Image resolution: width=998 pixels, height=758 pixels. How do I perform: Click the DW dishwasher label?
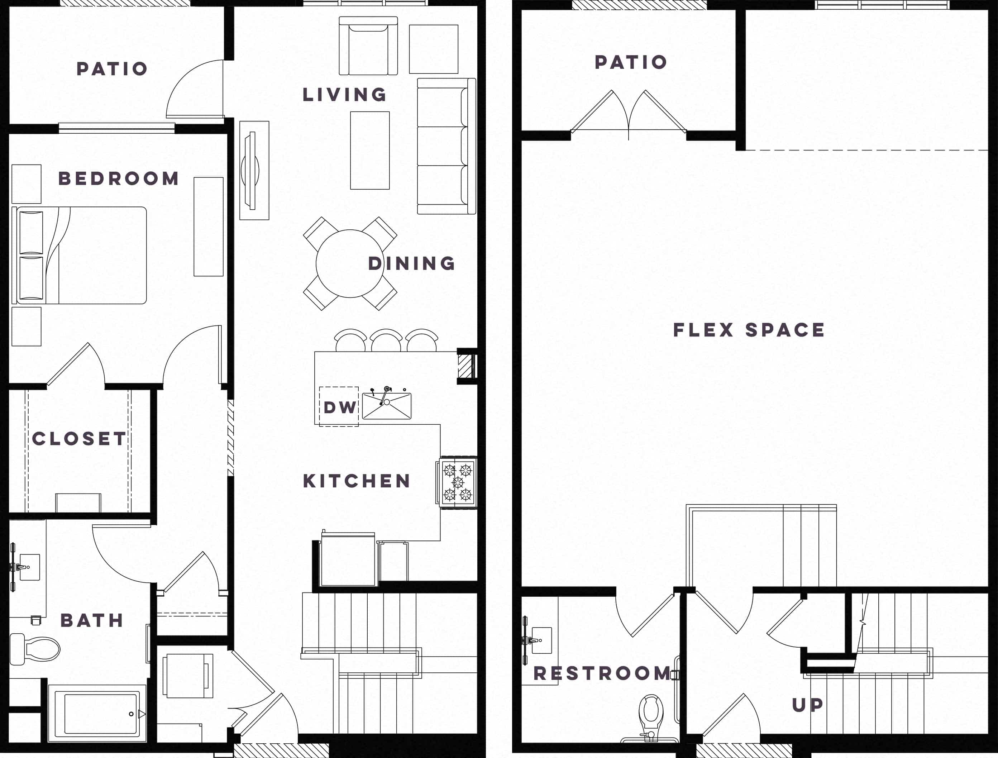pyautogui.click(x=340, y=407)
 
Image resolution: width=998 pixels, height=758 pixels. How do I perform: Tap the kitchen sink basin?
pyautogui.click(x=387, y=406)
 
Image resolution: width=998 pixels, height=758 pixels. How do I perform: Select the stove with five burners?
pyautogui.click(x=457, y=482)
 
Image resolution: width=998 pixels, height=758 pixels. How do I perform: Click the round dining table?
pyautogui.click(x=350, y=263)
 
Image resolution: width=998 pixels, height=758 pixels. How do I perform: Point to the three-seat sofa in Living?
pyautogui.click(x=446, y=146)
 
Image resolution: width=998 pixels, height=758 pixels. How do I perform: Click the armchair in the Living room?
pyautogui.click(x=368, y=46)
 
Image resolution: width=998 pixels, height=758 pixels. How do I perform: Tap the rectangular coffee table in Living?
pyautogui.click(x=370, y=150)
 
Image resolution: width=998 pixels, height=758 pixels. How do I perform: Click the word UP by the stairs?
pyautogui.click(x=808, y=705)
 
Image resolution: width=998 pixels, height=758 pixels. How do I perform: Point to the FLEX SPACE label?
pyautogui.click(x=749, y=330)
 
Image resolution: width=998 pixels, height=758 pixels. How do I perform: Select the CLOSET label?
pyautogui.click(x=79, y=439)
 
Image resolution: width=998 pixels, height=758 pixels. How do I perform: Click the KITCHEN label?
pyautogui.click(x=357, y=481)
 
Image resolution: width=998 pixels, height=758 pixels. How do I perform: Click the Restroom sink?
pyautogui.click(x=541, y=640)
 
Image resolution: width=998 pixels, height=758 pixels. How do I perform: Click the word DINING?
pyautogui.click(x=411, y=263)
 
